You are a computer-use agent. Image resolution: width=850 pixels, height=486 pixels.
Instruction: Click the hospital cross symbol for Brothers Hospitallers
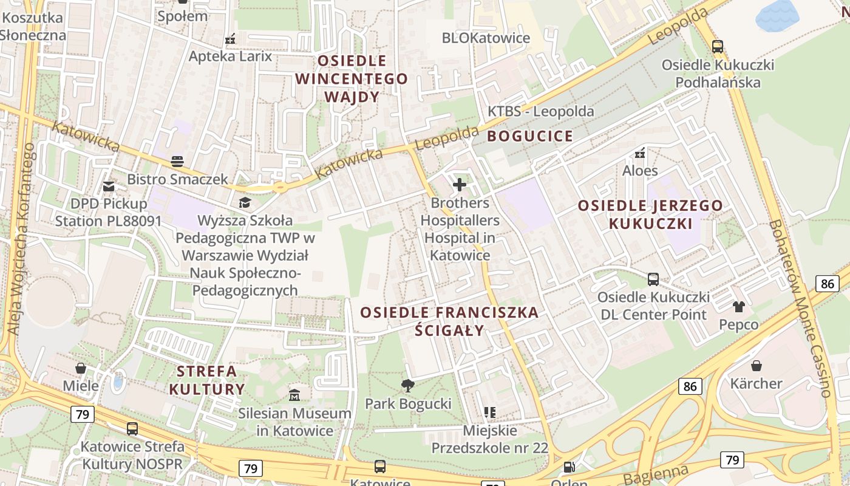(x=460, y=184)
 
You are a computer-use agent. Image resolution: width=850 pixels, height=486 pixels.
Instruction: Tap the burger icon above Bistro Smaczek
(x=177, y=161)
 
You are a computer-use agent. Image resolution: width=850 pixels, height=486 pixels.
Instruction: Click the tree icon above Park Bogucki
(x=408, y=385)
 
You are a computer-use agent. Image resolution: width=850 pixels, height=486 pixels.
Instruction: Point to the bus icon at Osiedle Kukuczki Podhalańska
(x=718, y=46)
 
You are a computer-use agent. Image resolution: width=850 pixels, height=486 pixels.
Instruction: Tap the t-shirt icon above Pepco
(x=738, y=306)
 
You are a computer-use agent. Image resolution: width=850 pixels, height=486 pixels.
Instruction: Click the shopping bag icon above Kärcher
(x=756, y=365)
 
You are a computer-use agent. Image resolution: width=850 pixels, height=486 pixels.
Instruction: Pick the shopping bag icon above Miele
(x=80, y=368)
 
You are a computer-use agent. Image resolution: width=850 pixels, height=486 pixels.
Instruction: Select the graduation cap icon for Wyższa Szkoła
(x=245, y=202)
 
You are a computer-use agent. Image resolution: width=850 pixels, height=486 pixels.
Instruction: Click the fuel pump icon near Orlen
(x=569, y=467)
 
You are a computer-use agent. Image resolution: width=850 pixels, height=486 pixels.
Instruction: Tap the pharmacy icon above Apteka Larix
(x=230, y=39)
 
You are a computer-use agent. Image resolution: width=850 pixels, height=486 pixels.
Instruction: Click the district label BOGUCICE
(x=530, y=136)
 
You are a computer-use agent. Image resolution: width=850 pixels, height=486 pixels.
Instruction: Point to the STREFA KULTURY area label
(x=207, y=380)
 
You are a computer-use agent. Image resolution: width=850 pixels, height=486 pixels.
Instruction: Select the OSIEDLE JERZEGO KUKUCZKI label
(x=650, y=214)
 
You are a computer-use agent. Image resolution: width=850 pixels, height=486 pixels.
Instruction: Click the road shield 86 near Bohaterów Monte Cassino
(x=826, y=283)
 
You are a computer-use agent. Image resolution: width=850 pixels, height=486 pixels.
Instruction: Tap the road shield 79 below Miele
(x=82, y=415)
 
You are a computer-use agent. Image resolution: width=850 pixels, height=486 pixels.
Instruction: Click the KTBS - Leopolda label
(x=541, y=112)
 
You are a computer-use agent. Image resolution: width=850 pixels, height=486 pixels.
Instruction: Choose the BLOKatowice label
(x=486, y=38)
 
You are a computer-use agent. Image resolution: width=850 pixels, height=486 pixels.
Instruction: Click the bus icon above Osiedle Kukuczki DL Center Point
(x=653, y=279)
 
